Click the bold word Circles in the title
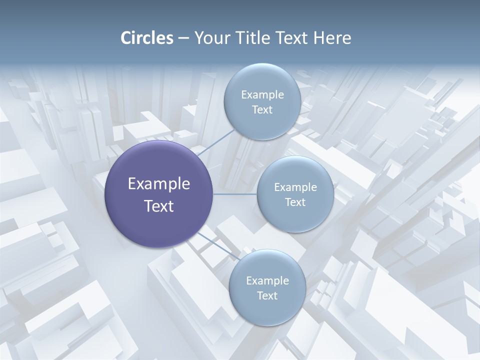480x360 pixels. (146, 38)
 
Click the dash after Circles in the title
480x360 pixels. (183, 38)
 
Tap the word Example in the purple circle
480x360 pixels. (159, 184)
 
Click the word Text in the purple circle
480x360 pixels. (159, 206)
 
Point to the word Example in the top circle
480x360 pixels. (262, 94)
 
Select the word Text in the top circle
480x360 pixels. (262, 109)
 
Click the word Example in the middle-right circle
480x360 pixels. (295, 187)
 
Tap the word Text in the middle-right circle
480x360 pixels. (295, 202)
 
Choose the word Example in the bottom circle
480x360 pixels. (267, 280)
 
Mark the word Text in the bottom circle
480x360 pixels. (267, 295)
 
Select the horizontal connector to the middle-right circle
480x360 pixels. (235, 194)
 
